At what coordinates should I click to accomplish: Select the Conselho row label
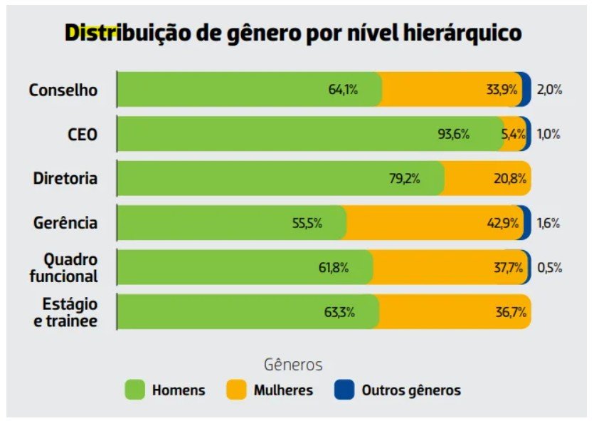(x=63, y=90)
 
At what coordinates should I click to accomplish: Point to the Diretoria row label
(x=65, y=178)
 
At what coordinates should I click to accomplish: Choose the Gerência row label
(x=65, y=222)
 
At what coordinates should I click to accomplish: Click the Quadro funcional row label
(x=64, y=267)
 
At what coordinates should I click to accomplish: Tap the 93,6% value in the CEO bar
(x=453, y=134)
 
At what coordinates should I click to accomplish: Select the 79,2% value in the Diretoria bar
(x=404, y=178)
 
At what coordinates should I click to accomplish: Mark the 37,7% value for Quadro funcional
(x=508, y=267)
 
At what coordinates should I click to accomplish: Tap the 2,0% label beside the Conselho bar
(x=550, y=90)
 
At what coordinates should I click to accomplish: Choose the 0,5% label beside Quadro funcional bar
(x=550, y=268)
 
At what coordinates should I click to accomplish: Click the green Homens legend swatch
(x=135, y=390)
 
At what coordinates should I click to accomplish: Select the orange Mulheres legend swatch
(x=237, y=390)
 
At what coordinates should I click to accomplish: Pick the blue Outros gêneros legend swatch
(x=345, y=390)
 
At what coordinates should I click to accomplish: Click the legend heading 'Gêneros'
(x=293, y=365)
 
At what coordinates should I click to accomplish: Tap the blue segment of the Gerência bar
(x=526, y=222)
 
